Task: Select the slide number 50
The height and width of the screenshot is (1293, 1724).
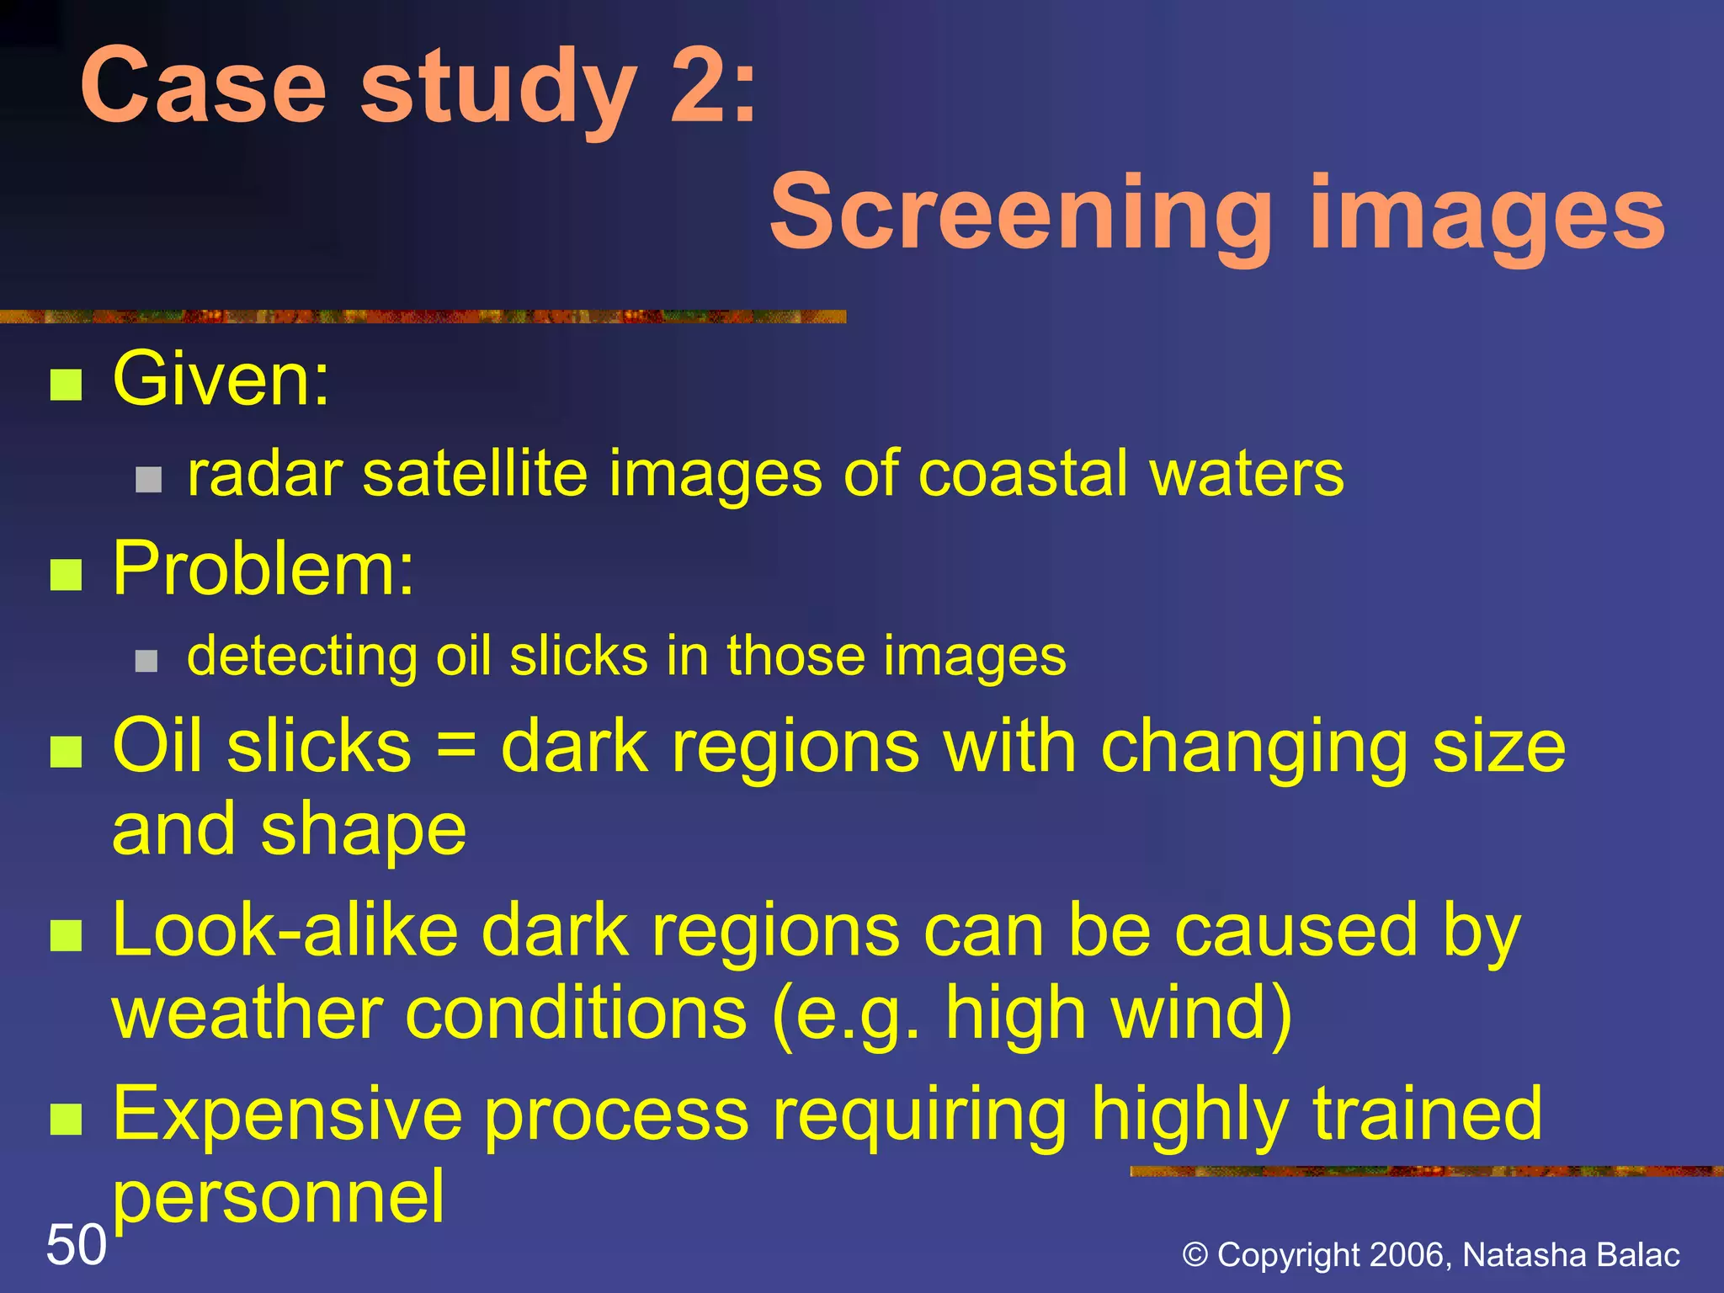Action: point(76,1244)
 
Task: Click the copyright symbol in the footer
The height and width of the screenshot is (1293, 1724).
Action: point(1195,1255)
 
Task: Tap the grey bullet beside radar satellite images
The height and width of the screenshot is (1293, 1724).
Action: point(148,479)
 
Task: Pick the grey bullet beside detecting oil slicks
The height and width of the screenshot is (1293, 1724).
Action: point(146,661)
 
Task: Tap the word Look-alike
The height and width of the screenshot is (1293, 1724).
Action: point(285,930)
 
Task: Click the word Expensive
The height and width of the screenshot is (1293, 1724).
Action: point(287,1113)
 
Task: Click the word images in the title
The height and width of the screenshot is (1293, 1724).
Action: point(1487,214)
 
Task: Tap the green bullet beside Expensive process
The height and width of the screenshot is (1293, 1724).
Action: point(66,1120)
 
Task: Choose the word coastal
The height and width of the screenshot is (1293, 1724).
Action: point(1022,474)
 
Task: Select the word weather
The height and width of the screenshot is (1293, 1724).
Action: point(247,1013)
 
